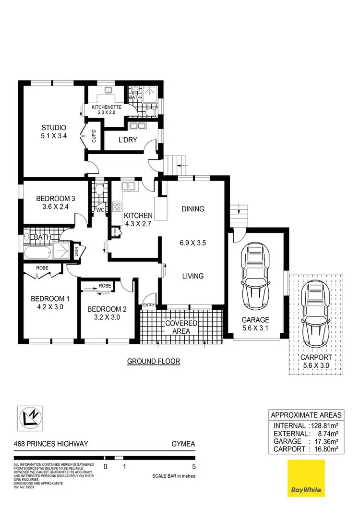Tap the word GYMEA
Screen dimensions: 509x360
pos(183,444)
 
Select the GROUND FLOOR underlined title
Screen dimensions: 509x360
pos(153,361)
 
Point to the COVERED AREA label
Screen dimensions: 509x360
pos(181,327)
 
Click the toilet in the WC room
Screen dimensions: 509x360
pos(99,190)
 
